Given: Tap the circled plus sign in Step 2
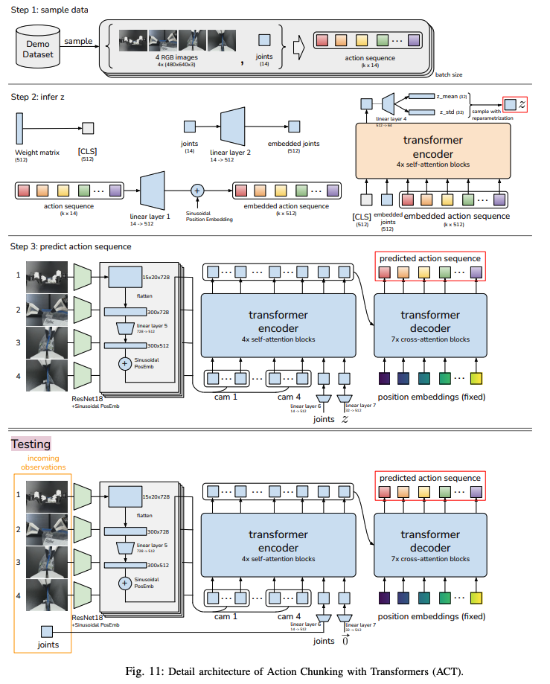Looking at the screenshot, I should pos(197,190).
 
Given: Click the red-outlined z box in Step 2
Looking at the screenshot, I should pos(515,104).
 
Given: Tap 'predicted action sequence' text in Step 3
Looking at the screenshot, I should pos(430,258).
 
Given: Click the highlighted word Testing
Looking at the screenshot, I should pos(31,444).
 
